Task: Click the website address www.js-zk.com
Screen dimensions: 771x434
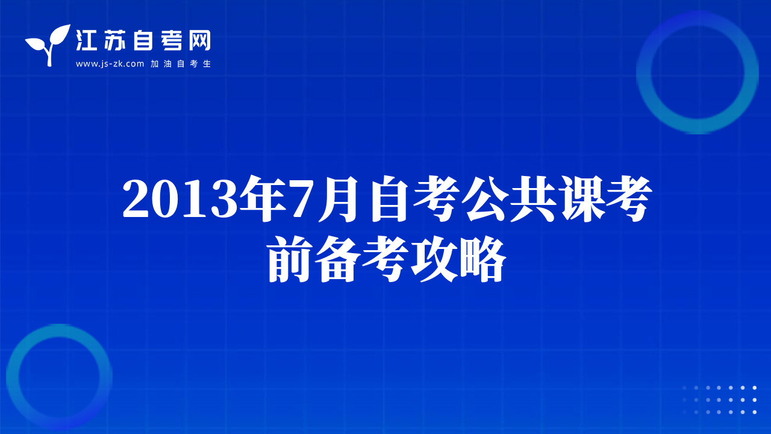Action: point(110,64)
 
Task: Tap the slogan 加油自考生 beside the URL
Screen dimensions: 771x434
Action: point(181,64)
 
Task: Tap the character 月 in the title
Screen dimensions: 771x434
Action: point(340,199)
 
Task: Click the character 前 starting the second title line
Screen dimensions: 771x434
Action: point(290,259)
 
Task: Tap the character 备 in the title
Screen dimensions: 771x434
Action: point(338,259)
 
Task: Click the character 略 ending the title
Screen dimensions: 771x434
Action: point(482,259)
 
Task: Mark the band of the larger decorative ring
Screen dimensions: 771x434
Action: point(644,72)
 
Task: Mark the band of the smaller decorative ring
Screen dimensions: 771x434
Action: point(13,377)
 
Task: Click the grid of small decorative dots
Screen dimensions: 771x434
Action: point(719,400)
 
